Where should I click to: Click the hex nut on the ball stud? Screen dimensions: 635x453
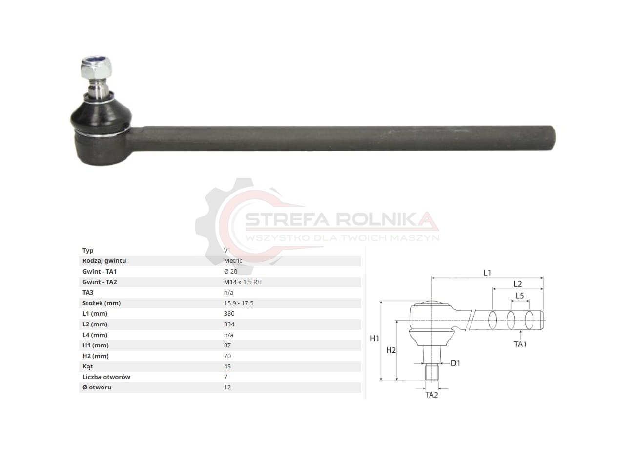96,68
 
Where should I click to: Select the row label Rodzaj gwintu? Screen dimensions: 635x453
104,261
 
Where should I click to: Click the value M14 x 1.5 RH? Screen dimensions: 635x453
243,282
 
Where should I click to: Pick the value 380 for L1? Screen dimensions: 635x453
229,314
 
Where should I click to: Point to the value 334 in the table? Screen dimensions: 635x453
229,324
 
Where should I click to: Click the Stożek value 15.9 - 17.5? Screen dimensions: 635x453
239,303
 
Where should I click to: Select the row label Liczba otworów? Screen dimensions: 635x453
106,377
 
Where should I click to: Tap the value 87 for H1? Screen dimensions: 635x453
227,345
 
